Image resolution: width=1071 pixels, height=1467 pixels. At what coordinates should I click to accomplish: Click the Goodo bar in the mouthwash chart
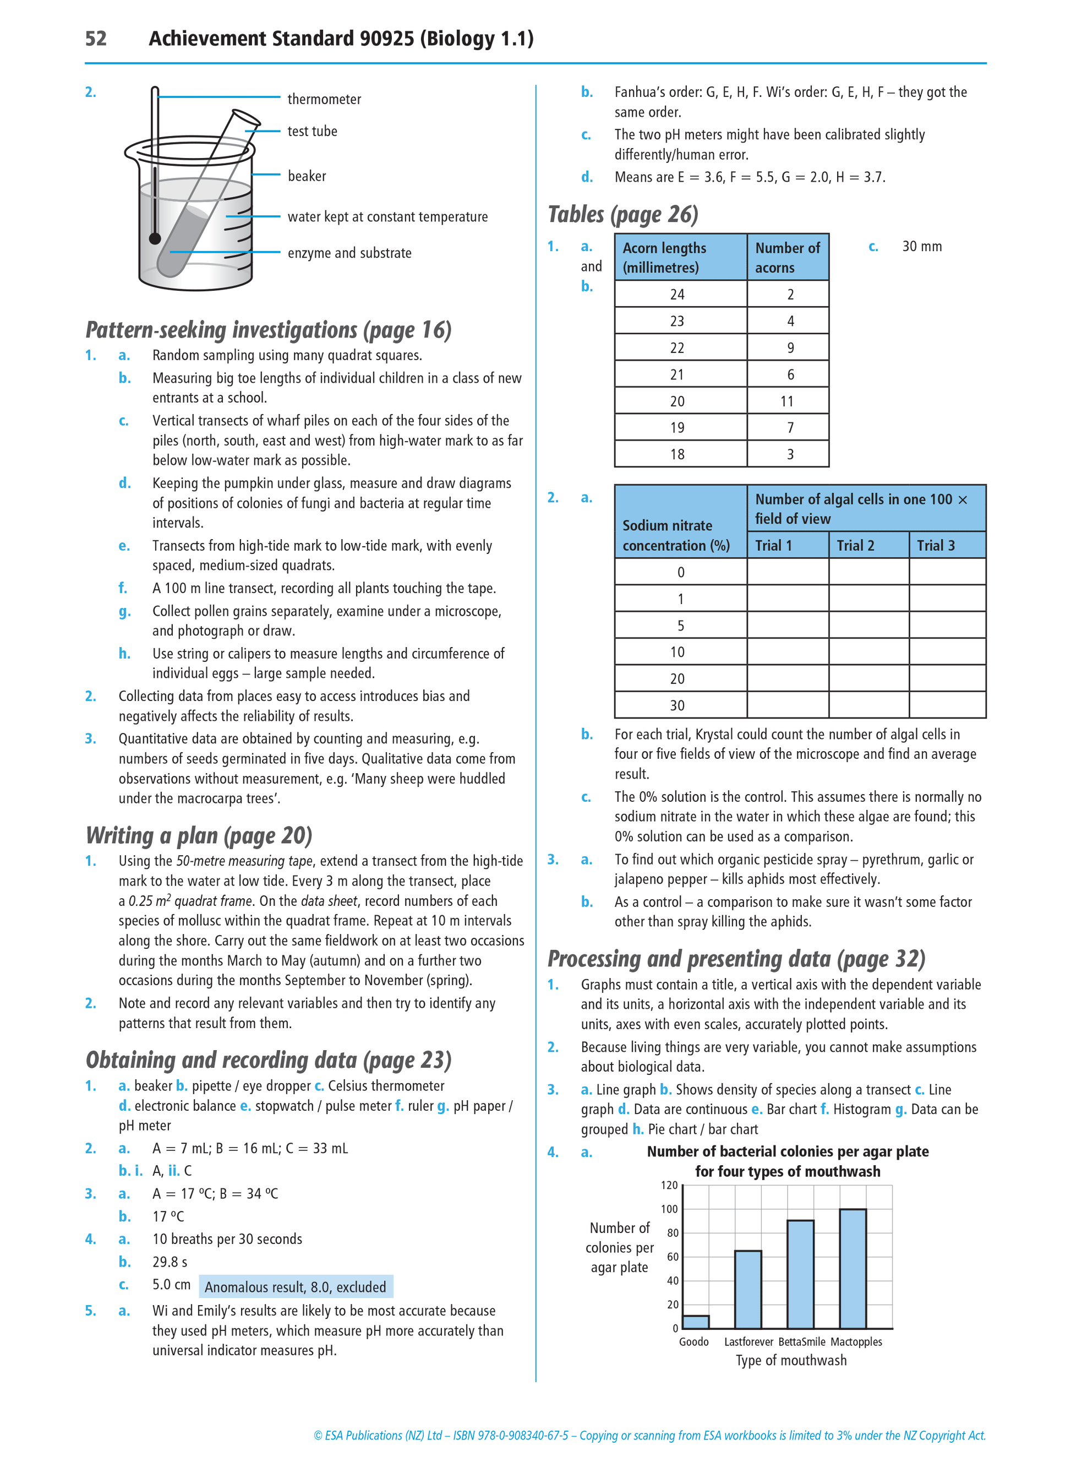(696, 1321)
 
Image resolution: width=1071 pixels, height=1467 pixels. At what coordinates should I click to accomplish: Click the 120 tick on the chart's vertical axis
(669, 1186)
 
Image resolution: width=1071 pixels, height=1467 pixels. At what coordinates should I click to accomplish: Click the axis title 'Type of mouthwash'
(791, 1360)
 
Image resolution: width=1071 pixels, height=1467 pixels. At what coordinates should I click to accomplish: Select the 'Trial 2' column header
(855, 545)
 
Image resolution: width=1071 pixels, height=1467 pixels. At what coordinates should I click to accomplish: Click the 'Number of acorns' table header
(787, 258)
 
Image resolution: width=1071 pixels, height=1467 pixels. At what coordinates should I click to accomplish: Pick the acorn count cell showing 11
(787, 401)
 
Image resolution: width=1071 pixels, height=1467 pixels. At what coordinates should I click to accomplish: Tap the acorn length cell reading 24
(677, 295)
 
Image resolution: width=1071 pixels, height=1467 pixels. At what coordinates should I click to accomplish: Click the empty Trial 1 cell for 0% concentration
(787, 572)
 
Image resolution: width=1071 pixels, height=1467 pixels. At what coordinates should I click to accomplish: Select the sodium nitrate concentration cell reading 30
(677, 705)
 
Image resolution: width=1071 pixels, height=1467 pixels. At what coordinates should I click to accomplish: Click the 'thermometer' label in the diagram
(324, 99)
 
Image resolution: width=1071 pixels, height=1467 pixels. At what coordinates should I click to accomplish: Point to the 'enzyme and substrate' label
(349, 253)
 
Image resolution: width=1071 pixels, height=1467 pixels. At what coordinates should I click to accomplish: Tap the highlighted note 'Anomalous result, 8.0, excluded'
(295, 1287)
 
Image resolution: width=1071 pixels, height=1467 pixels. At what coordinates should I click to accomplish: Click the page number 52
(96, 39)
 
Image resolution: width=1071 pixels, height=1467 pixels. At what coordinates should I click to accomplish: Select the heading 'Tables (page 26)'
(622, 215)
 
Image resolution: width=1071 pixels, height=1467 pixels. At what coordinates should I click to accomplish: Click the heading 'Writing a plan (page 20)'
(199, 835)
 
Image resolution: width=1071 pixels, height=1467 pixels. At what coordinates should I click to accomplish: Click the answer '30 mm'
(921, 247)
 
